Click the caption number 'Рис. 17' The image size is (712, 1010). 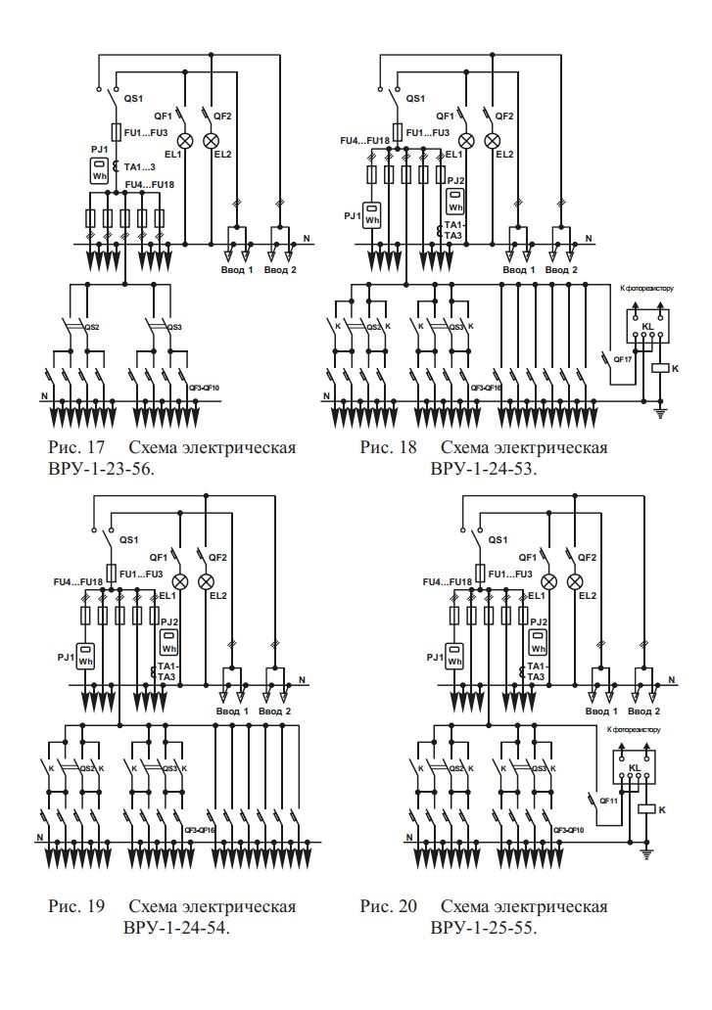[x=71, y=448]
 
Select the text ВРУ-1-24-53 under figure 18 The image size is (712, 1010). [x=486, y=468]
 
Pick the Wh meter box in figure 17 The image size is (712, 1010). [x=99, y=170]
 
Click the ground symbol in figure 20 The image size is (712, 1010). [x=645, y=854]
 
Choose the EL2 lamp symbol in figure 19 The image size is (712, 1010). [x=207, y=581]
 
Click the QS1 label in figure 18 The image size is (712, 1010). [x=415, y=99]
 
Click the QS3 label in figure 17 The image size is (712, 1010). [x=172, y=328]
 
